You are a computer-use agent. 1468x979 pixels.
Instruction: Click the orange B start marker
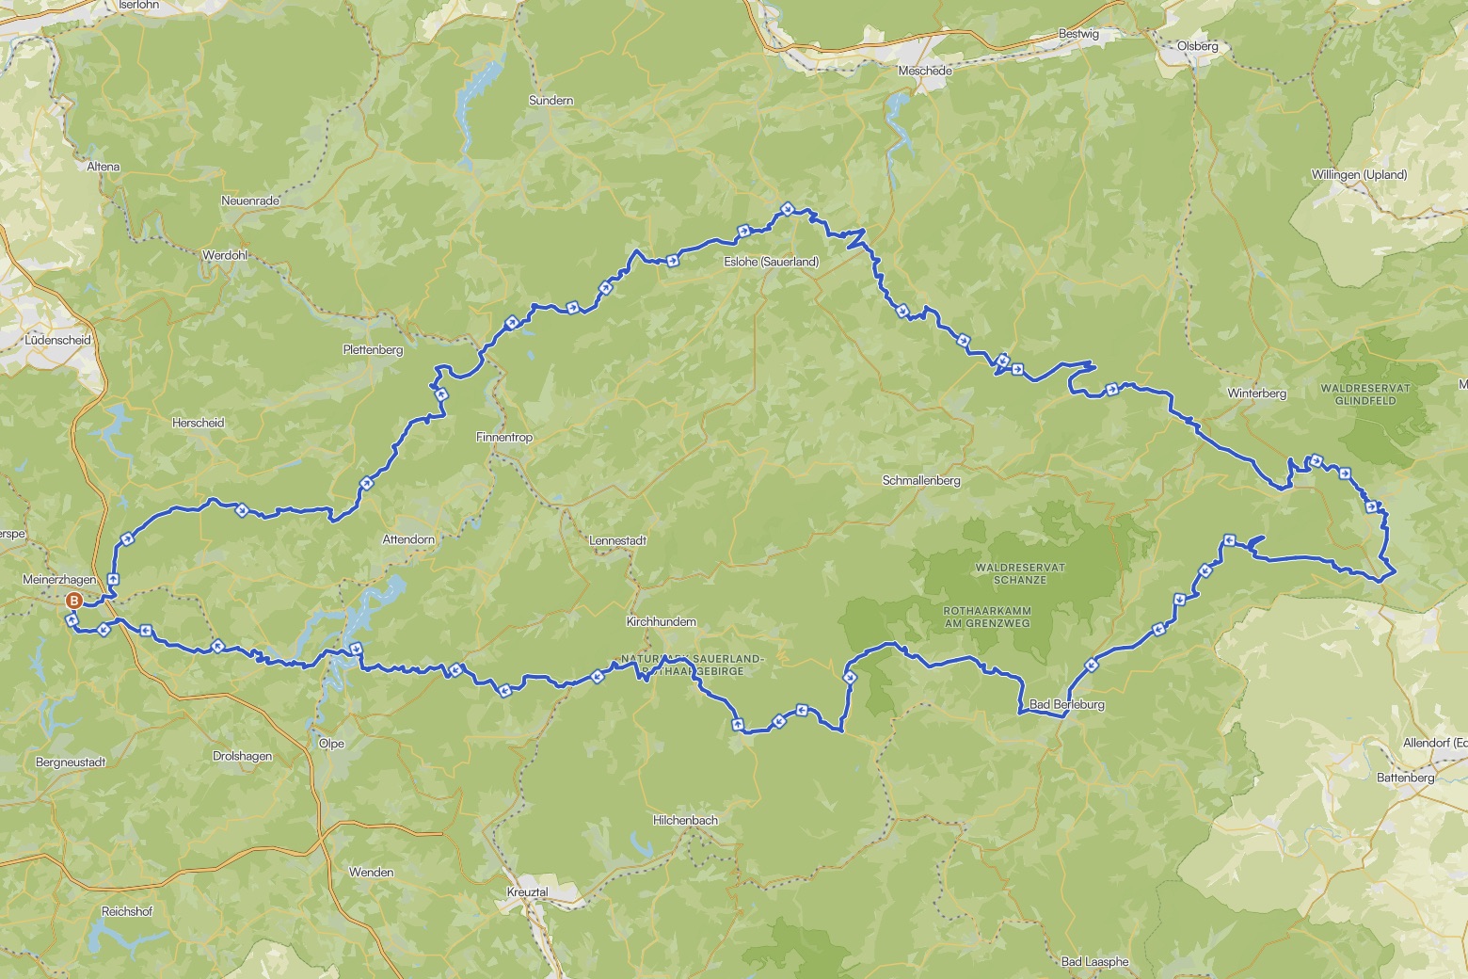tap(73, 601)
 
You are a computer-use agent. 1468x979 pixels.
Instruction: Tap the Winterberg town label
tap(1256, 393)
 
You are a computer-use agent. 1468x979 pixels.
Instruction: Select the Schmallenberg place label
tap(920, 480)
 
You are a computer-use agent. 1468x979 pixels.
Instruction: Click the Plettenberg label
tap(373, 350)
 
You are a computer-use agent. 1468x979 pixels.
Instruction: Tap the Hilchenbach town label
tap(685, 820)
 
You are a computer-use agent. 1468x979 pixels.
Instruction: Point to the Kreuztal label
tap(527, 891)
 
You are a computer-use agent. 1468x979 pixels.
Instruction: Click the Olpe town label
tap(331, 744)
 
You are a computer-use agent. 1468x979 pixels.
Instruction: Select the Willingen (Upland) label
tap(1359, 174)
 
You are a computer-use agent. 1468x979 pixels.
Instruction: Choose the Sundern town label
tap(551, 100)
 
